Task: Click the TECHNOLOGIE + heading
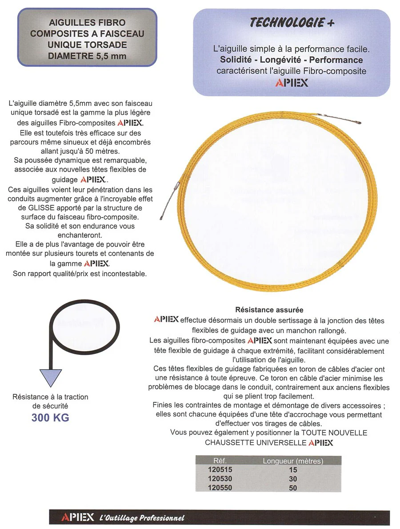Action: pyautogui.click(x=292, y=23)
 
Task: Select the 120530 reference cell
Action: pyautogui.click(x=220, y=479)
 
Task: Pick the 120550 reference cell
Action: pyautogui.click(x=220, y=488)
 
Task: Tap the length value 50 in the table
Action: pyautogui.click(x=292, y=488)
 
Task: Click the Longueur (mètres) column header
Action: pyautogui.click(x=293, y=461)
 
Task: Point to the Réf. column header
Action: pyautogui.click(x=220, y=461)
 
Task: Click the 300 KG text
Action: pyautogui.click(x=50, y=418)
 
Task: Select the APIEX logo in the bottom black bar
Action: pyautogui.click(x=78, y=517)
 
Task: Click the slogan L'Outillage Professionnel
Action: pyautogui.click(x=142, y=518)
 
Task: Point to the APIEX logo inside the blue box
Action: pyautogui.click(x=292, y=83)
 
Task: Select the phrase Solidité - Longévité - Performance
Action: pyautogui.click(x=292, y=60)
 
